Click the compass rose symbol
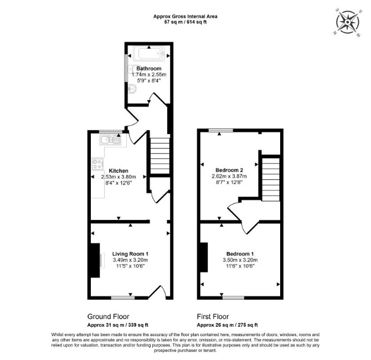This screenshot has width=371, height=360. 348,23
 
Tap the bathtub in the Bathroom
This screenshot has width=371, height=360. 148,54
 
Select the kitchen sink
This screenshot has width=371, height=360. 111,140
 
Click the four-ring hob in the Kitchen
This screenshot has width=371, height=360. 97,164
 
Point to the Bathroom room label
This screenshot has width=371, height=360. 149,69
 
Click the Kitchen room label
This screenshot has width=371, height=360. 118,171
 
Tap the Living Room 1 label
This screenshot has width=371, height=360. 130,254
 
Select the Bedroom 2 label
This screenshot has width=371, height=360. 229,170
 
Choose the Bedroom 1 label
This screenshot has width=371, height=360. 240,254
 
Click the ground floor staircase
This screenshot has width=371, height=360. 160,156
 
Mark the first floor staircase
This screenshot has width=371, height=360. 271,179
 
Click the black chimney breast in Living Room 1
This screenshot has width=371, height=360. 95,260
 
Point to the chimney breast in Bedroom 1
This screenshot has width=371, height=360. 204,258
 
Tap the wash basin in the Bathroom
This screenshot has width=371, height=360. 132,89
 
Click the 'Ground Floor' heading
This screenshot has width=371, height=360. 109,316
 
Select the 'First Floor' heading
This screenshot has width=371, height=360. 213,316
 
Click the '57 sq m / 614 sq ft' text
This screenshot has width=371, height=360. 185,22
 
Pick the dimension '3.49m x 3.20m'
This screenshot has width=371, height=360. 130,260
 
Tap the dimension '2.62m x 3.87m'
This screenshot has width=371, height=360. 229,176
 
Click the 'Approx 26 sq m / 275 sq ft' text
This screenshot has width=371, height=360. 228,325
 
